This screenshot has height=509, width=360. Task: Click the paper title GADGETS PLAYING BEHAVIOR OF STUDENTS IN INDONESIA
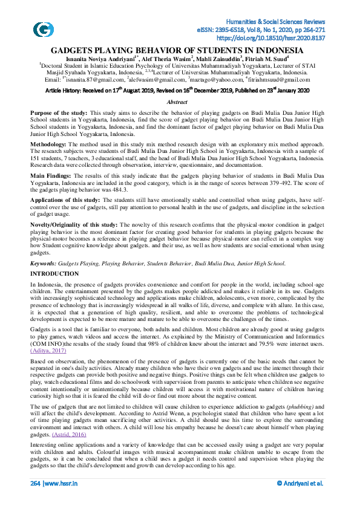tap(177, 50)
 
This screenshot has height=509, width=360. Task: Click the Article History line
tap(177, 89)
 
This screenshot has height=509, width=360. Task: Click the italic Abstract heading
tap(177, 103)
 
